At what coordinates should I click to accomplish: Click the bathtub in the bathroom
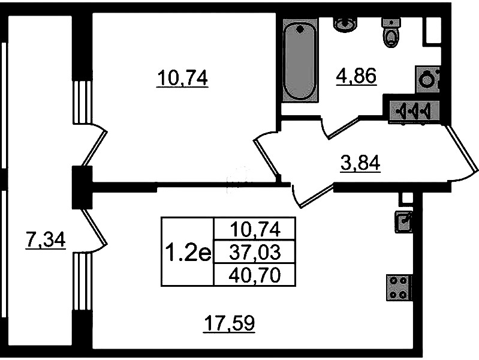[x=300, y=61]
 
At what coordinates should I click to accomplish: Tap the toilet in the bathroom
[x=390, y=33]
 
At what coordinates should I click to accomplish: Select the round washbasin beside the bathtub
[x=346, y=25]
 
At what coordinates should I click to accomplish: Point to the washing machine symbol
[x=427, y=80]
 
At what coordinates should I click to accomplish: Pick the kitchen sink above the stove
[x=403, y=221]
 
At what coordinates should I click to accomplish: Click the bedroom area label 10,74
[x=182, y=79]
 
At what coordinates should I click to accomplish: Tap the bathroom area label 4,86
[x=356, y=76]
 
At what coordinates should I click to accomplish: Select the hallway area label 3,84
[x=360, y=163]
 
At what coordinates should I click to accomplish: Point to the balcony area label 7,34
[x=46, y=240]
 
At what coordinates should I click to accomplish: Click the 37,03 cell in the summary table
[x=255, y=253]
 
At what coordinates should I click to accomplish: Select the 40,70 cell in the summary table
[x=255, y=275]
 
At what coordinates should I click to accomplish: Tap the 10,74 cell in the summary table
[x=255, y=229]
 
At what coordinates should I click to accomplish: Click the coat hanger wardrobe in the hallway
[x=414, y=112]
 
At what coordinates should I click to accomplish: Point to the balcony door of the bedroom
[x=93, y=144]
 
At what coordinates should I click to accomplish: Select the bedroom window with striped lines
[x=82, y=102]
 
